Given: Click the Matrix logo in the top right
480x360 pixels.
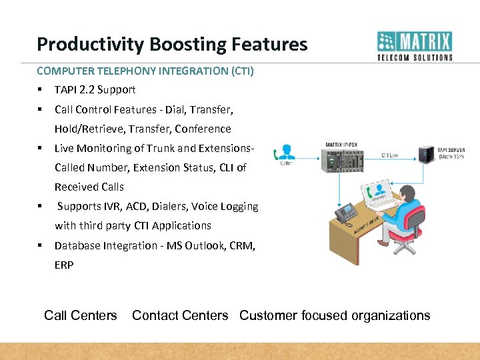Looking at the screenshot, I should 415,45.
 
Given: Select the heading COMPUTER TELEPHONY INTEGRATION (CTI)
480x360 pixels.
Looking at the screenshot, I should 145,70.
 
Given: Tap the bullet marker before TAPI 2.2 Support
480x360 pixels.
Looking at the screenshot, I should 41,89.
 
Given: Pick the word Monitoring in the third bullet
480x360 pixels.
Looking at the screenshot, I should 102,148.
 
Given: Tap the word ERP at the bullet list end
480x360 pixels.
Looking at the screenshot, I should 64,265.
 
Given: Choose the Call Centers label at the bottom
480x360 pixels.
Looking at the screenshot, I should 81,315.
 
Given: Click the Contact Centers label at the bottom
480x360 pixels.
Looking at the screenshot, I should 180,315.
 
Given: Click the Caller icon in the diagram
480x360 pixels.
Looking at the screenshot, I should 287,153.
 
